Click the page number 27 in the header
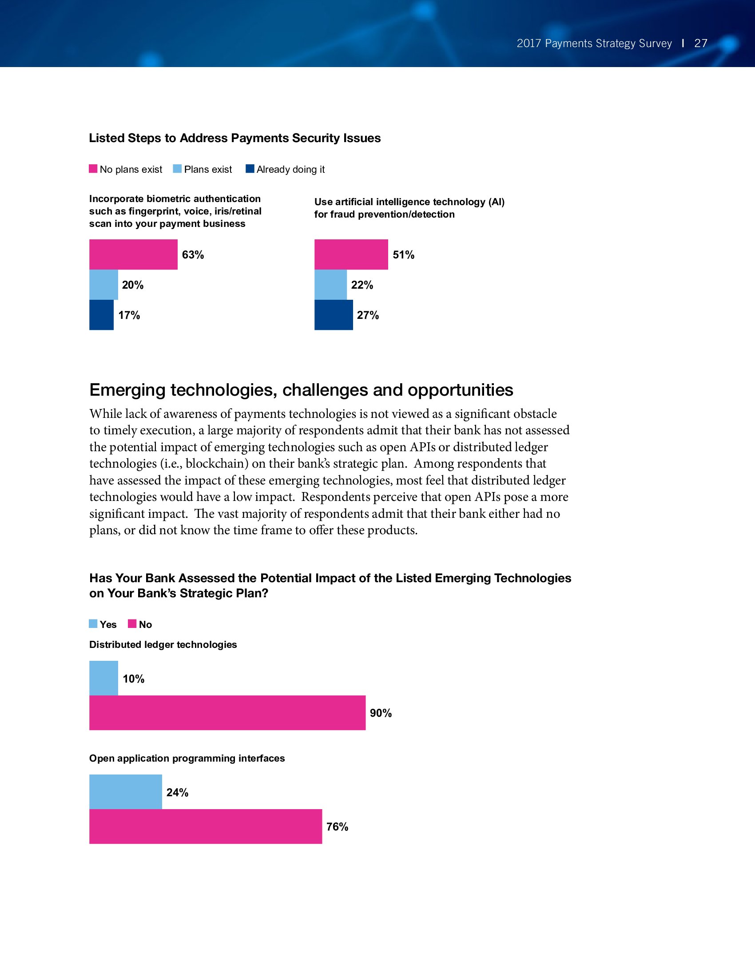pos(700,44)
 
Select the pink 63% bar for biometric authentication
pos(133,254)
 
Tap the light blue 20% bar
pos(104,285)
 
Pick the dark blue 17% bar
pos(102,315)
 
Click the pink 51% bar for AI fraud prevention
pos(351,254)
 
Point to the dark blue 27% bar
pos(334,315)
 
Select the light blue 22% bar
pos(330,285)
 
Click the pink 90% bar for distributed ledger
pos(227,713)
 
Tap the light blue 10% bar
pos(104,678)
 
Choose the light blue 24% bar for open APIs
pos(126,792)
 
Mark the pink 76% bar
pos(206,826)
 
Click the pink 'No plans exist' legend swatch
pos(93,169)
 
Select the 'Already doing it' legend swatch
pos(250,169)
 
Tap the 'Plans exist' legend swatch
pos(177,169)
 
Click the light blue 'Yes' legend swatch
pos(93,624)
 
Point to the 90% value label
pos(381,713)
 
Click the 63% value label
pos(193,255)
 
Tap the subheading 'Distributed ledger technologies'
pos(163,645)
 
